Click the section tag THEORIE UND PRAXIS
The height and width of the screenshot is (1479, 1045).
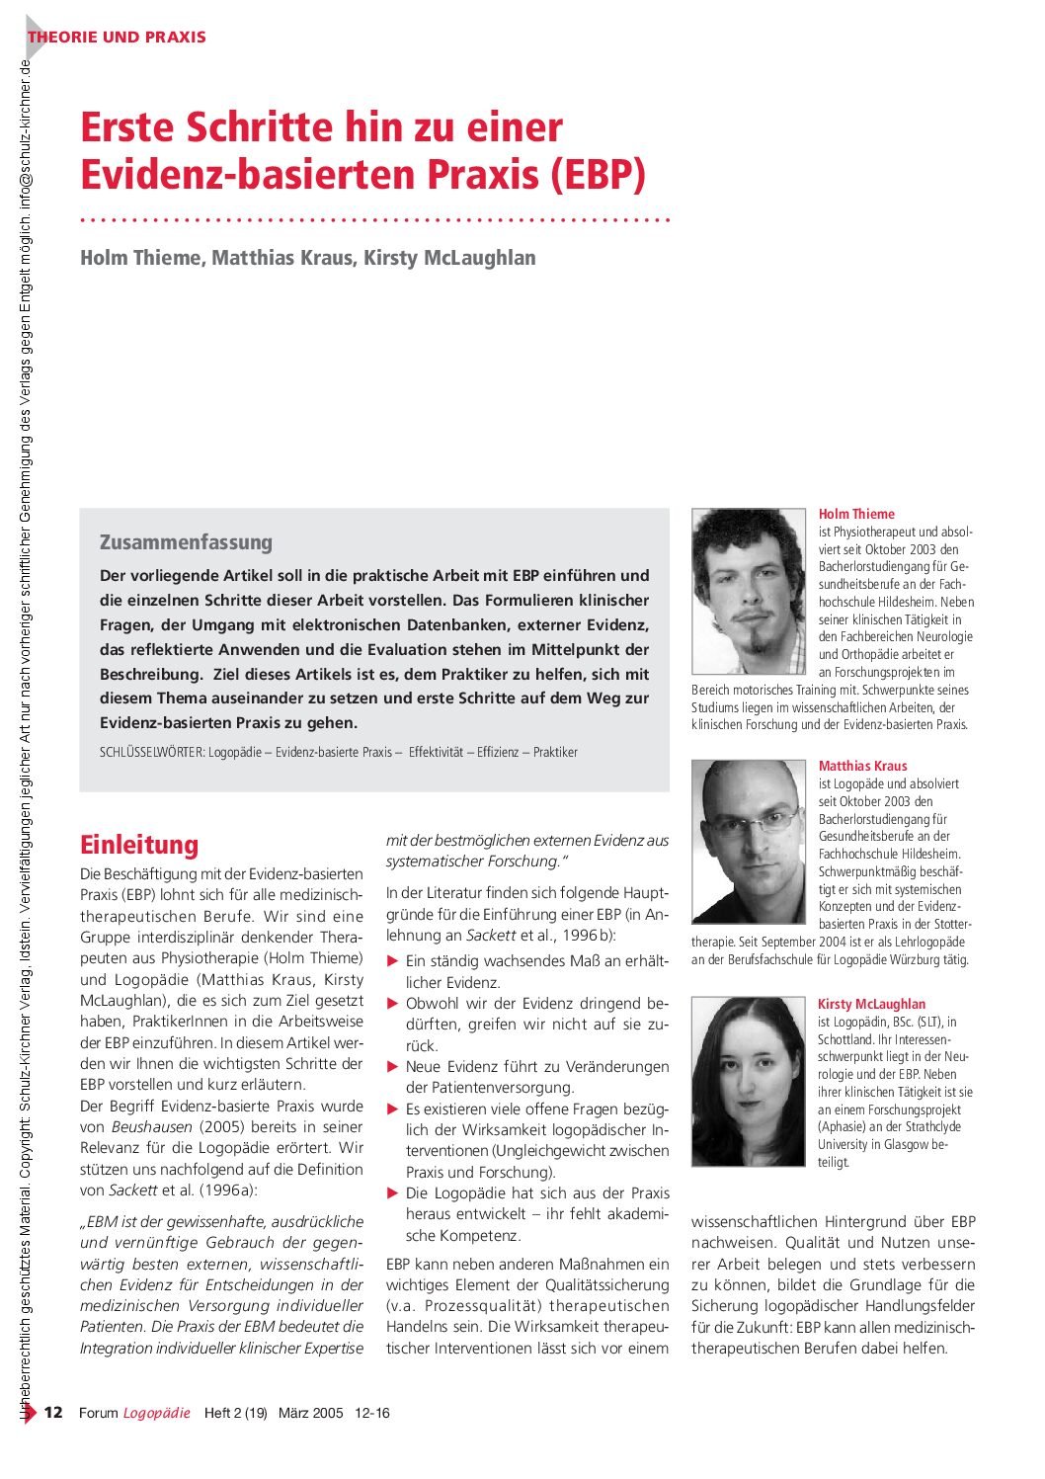tap(117, 38)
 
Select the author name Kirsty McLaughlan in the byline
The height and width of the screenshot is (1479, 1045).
tap(449, 258)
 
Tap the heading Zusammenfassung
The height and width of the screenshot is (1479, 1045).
tap(186, 542)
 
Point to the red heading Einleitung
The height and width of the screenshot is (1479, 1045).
tap(139, 845)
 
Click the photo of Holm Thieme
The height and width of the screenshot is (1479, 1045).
tap(749, 591)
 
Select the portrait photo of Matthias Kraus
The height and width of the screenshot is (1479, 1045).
tap(749, 827)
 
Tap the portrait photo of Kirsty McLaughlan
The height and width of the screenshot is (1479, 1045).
tap(749, 1081)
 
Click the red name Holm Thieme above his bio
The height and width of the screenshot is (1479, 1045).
tap(856, 514)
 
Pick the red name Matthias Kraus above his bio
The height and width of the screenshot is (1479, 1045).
tap(862, 766)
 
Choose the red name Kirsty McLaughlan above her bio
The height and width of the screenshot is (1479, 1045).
tap(872, 1004)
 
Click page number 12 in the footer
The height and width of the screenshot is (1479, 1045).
tap(53, 1413)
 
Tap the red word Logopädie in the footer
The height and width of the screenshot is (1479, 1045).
tap(156, 1413)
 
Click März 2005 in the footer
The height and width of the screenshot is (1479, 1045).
tap(310, 1413)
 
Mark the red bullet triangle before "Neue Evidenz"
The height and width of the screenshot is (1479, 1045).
tap(392, 1067)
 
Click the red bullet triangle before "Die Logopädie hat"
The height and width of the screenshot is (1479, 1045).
tap(392, 1193)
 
